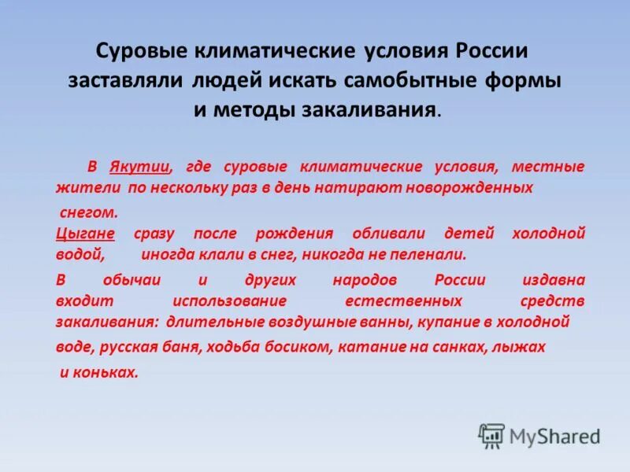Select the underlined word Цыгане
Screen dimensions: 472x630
click(86, 234)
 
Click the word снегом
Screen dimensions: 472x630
click(89, 212)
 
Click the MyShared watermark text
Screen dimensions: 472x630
click(555, 436)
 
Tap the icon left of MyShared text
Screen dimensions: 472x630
click(491, 435)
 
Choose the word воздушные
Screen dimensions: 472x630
click(330, 322)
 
